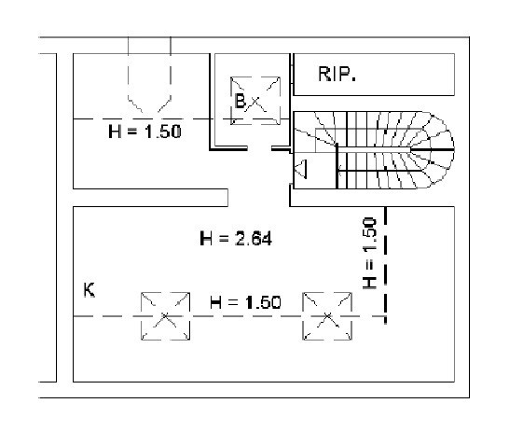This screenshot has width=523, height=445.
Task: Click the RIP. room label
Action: point(338,75)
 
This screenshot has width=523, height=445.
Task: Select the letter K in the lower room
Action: point(89,291)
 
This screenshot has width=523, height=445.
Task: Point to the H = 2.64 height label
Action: point(236,239)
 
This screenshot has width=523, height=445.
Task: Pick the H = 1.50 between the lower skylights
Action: point(244,302)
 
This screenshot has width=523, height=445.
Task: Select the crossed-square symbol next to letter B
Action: point(255,97)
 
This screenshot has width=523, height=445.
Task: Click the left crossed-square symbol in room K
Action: point(165,317)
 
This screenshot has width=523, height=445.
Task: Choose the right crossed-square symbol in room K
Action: point(326,317)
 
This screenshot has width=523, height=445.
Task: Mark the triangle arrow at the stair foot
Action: point(301,169)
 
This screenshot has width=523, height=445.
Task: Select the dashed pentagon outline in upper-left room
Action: point(147,79)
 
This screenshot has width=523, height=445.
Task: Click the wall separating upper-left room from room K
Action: point(149,197)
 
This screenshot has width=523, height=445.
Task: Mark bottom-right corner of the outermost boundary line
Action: point(469,397)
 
